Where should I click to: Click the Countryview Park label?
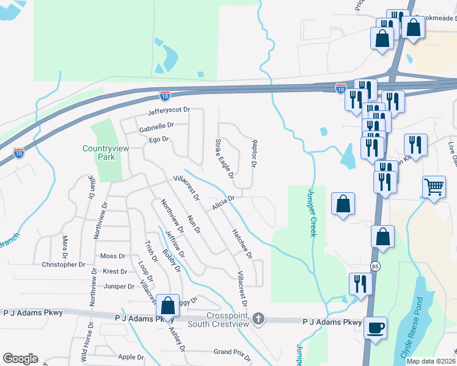pos(99,152)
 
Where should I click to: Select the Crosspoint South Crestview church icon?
pos(258,318)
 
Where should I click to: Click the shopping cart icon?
pos(434,186)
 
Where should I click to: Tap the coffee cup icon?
pos(375,328)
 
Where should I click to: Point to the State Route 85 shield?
pos(375,266)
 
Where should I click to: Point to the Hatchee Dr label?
pos(243,243)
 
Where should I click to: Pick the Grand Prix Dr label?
pos(232,352)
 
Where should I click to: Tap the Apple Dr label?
pos(131,357)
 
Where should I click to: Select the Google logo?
pos(20,359)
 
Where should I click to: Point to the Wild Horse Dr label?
pos(86,345)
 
